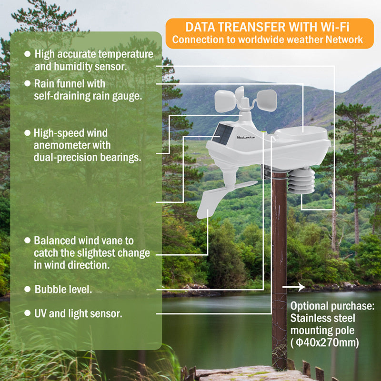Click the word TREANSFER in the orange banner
(251, 27)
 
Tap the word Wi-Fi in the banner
(335, 27)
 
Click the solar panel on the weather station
(222, 134)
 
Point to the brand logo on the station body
(246, 138)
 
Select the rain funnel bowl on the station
(301, 133)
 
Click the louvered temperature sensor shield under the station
(301, 181)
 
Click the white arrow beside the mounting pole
(294, 287)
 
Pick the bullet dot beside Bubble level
(28, 289)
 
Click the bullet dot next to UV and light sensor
(28, 313)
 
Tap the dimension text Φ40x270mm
(327, 342)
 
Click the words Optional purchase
(332, 306)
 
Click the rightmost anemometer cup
(267, 100)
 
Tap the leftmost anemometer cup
(225, 101)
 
